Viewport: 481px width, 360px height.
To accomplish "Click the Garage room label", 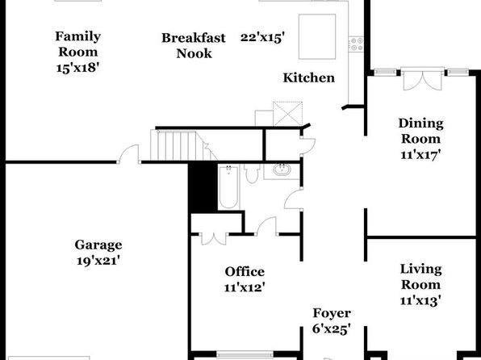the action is coord(98,245).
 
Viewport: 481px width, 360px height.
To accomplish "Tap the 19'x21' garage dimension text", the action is coord(98,262).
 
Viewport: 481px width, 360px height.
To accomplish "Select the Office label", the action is coord(245,271).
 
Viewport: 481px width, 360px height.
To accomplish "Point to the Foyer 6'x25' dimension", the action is coord(332,329).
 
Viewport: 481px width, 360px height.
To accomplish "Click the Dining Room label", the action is coord(421,131).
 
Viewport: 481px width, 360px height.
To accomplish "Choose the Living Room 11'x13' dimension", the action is coord(420,300).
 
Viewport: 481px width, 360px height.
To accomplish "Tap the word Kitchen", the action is coord(308,78).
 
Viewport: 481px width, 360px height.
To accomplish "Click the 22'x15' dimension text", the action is coord(262,38).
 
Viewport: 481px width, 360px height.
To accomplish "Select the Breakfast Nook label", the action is coord(194,46).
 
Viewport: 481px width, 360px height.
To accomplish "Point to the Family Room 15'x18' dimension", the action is coord(77,68).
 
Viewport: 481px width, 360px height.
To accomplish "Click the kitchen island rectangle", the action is coord(317,36).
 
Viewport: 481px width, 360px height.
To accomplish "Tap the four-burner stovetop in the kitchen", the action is coord(356,44).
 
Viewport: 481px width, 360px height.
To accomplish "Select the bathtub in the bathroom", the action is coord(228,187).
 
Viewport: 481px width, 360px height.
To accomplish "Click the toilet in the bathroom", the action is coord(252,174).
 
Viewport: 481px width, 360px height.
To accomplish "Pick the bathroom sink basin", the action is coord(282,170).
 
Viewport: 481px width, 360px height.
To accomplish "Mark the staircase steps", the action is coord(177,145).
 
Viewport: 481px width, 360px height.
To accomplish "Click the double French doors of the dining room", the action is coord(423,79).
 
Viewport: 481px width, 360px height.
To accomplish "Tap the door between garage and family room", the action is coord(129,153).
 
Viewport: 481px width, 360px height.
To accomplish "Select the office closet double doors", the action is coord(214,239).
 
